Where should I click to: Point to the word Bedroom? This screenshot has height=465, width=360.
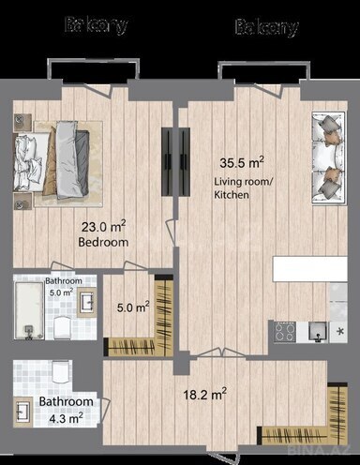tap(102, 243)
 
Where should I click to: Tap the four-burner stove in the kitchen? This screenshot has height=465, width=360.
tap(285, 331)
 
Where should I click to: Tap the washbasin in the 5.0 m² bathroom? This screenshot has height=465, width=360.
tap(85, 301)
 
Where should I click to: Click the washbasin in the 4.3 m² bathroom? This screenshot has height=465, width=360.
tap(22, 412)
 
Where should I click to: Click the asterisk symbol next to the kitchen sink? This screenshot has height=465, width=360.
tap(339, 331)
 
